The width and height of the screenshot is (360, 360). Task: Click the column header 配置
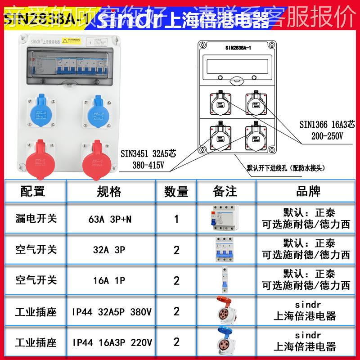(x=33, y=191)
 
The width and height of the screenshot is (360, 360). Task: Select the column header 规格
(x=109, y=191)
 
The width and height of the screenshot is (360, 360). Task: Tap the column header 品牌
(x=308, y=191)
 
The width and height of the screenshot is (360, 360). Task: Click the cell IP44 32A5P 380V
(x=112, y=311)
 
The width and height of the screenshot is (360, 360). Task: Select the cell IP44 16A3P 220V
(x=112, y=342)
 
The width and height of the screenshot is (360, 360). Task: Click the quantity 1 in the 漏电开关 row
(x=176, y=219)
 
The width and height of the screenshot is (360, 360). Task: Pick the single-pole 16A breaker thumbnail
(x=224, y=280)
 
